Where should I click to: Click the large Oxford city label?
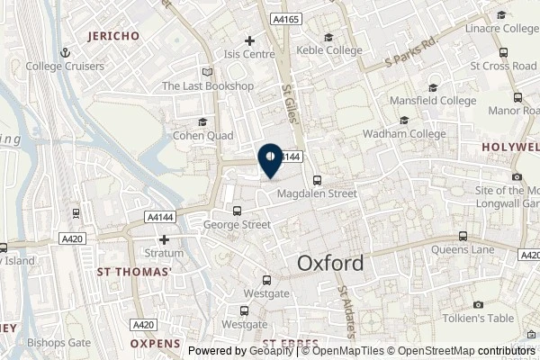pos(330,263)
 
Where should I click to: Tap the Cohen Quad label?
pos(202,136)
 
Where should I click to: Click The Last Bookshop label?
pos(208,86)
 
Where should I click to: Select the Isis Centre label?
pos(250,54)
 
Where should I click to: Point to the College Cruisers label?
pos(65,66)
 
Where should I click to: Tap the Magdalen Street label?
pos(318,193)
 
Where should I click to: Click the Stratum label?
pos(164,255)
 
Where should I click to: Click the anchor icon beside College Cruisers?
pos(65,53)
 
